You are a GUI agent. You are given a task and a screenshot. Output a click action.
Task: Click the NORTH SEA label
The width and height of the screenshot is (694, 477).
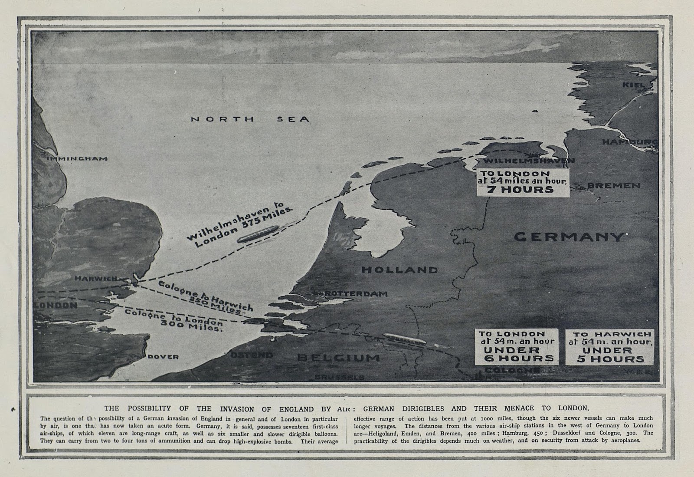250,119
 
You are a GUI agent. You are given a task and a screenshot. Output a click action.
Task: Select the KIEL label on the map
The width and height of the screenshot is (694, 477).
634,85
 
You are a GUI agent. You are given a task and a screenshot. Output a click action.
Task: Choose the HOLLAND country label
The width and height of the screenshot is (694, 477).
399,270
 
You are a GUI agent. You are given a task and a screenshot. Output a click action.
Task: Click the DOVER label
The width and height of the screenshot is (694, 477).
163,357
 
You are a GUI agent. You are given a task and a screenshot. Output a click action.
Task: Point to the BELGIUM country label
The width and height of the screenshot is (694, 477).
339,358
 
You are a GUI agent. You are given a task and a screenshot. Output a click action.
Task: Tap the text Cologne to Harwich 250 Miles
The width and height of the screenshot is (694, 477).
206,297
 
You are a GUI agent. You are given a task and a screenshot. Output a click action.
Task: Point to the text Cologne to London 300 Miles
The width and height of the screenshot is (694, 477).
174,320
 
